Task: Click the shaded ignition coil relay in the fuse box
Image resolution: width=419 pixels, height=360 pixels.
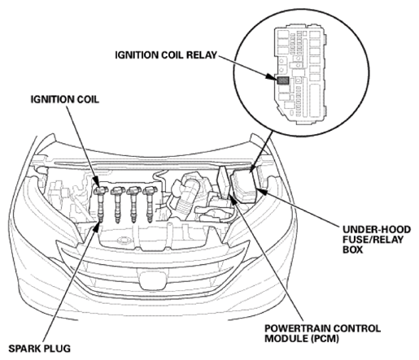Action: pyautogui.click(x=283, y=80)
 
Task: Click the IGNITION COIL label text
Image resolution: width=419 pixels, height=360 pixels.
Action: pyautogui.click(x=64, y=99)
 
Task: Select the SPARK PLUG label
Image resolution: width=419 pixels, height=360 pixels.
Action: pyautogui.click(x=40, y=348)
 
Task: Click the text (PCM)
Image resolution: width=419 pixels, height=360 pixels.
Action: pyautogui.click(x=324, y=338)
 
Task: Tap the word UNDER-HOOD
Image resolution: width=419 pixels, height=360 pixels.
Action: pyautogui.click(x=377, y=229)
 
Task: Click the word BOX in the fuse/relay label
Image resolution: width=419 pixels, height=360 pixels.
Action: pyautogui.click(x=352, y=249)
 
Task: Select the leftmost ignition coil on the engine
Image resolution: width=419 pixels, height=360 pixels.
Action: pyautogui.click(x=100, y=202)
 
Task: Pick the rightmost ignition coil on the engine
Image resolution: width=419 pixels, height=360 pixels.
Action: pyautogui.click(x=150, y=202)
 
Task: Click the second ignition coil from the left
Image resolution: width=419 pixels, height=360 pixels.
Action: pyautogui.click(x=117, y=202)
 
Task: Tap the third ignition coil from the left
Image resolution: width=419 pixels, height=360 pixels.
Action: pyautogui.click(x=133, y=202)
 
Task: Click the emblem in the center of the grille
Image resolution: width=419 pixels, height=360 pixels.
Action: pyautogui.click(x=152, y=279)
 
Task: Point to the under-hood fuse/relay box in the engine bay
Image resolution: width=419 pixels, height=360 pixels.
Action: pyautogui.click(x=243, y=185)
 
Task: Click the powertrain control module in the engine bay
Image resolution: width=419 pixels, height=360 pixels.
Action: pyautogui.click(x=223, y=182)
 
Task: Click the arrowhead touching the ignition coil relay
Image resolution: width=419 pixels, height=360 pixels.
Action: pyautogui.click(x=271, y=76)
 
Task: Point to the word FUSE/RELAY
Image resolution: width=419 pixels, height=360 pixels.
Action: pyautogui.click(x=373, y=240)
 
